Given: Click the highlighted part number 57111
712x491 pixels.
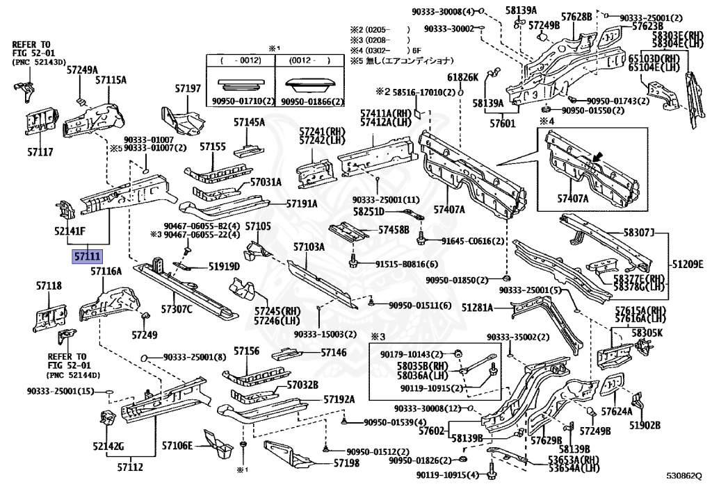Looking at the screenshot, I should click(83, 257).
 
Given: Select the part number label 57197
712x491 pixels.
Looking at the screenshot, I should click(187, 89).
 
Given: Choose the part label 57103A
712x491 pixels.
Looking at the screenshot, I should click(309, 247).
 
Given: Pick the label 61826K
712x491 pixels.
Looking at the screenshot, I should click(462, 77).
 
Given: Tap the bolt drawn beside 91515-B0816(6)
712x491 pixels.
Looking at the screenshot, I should click(354, 264).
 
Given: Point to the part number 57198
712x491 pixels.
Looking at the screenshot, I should click(346, 463).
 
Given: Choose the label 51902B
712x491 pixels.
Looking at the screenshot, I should click(645, 425).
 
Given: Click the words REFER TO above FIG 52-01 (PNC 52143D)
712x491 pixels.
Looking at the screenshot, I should click(30, 43).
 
